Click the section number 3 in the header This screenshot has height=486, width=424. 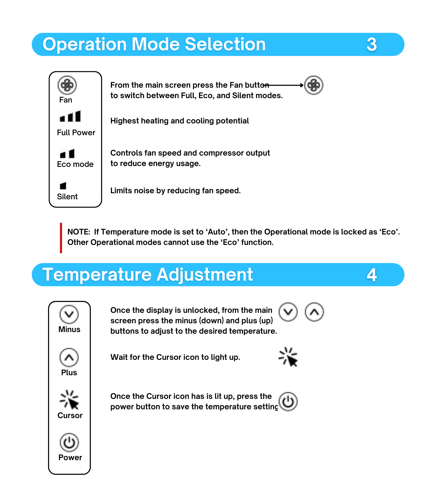coord(372,45)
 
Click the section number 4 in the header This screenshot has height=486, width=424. coord(372,275)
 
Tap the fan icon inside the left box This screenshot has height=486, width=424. coord(67,85)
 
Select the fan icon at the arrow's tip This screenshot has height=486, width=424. coord(314,85)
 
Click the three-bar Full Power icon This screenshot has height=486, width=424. coord(70,116)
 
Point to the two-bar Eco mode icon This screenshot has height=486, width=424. coord(67,154)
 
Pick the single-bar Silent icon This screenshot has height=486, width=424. coord(63,186)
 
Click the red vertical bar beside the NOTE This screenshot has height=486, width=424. coord(61,238)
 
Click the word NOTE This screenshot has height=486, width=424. coord(78,232)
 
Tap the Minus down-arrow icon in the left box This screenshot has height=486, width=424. coord(69,314)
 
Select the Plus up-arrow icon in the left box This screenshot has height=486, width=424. coord(69,357)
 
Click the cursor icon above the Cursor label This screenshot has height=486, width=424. coord(69,400)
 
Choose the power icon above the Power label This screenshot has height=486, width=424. coord(69,443)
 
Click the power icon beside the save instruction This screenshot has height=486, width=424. coord(288,402)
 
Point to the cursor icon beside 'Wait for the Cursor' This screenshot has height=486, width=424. coord(288,357)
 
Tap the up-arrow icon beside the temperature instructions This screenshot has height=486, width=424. coord(314,312)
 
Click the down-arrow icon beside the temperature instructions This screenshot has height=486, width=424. coord(288,312)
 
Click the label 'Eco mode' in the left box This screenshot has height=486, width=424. coord(75,164)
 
